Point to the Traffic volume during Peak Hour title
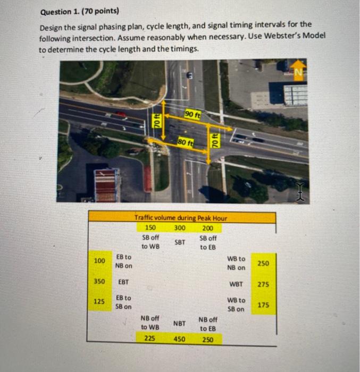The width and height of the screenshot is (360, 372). (x=181, y=217)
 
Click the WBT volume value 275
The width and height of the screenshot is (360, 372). (x=263, y=284)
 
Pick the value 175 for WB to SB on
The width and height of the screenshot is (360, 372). (x=263, y=305)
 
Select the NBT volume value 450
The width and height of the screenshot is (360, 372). (x=180, y=339)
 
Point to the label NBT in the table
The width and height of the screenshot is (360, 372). (x=180, y=323)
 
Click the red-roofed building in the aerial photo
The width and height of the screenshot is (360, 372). (x=105, y=185)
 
